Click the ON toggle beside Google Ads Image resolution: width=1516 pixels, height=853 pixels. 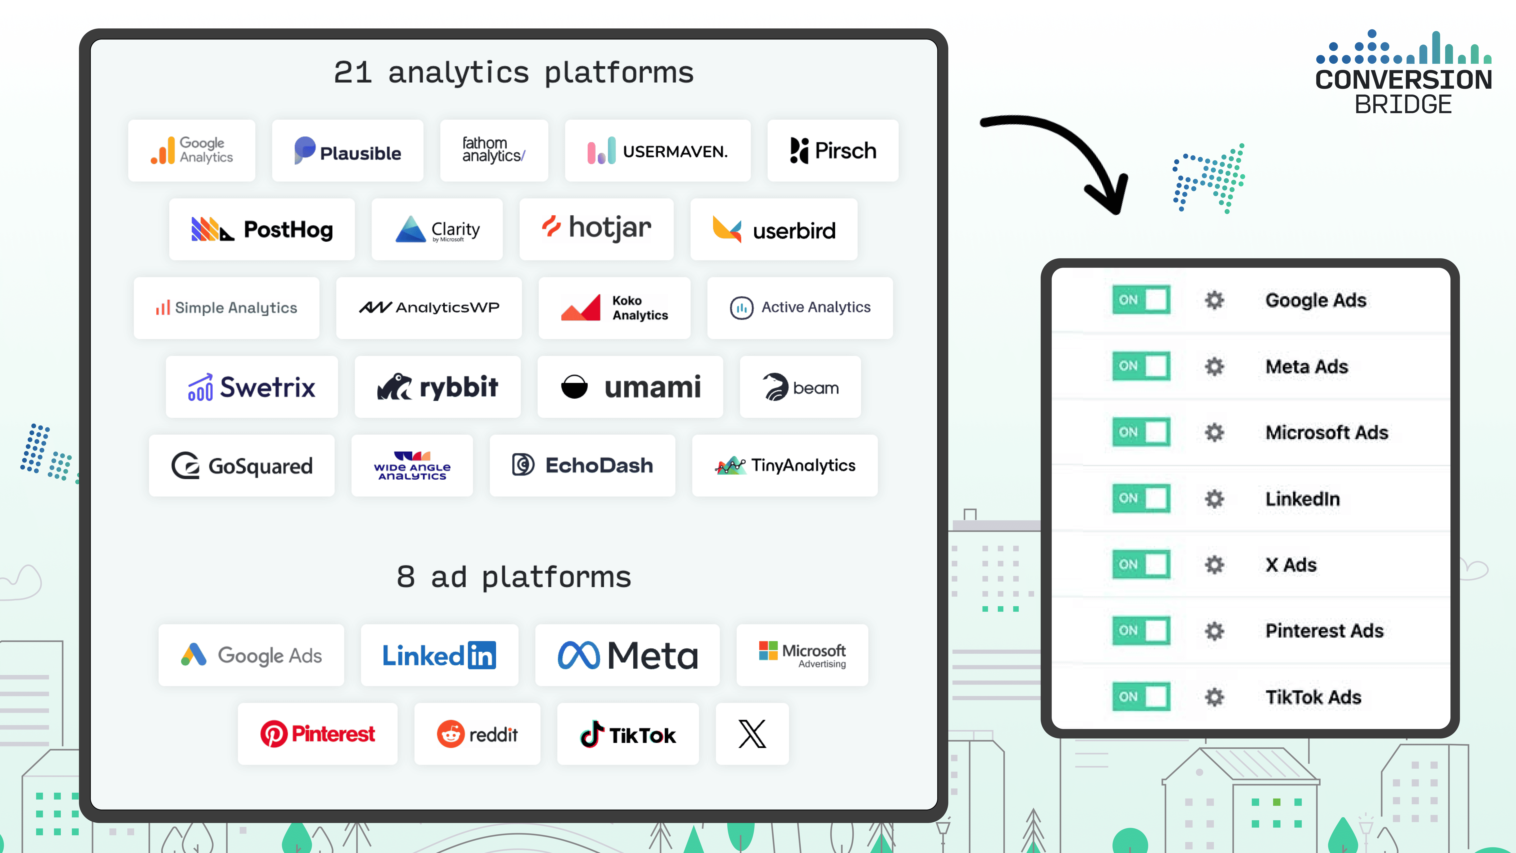[x=1141, y=300]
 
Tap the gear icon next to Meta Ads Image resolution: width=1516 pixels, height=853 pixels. [x=1214, y=366]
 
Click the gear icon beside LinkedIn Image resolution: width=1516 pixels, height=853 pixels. [x=1214, y=499]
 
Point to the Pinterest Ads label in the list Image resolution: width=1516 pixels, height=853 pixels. [x=1324, y=630]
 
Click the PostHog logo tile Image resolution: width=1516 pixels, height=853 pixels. [x=262, y=230]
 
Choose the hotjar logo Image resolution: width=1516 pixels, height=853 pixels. [x=596, y=228]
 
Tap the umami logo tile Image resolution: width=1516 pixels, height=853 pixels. [x=630, y=387]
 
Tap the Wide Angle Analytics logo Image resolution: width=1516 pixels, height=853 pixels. [x=412, y=465]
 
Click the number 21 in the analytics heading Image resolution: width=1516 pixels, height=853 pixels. [x=353, y=73]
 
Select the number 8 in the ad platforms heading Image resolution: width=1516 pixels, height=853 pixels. [x=405, y=577]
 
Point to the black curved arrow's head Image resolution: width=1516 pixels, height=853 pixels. [x=1112, y=200]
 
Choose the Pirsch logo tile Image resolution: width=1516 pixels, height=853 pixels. [x=833, y=151]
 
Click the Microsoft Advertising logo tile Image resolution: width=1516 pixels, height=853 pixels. [x=802, y=655]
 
